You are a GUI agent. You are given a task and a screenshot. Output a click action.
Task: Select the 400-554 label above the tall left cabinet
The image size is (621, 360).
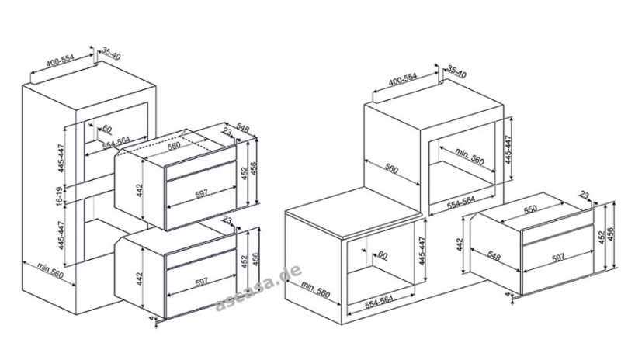pyautogui.click(x=61, y=61)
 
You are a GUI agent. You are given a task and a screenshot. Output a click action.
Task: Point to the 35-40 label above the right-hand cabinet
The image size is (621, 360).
pyautogui.click(x=457, y=71)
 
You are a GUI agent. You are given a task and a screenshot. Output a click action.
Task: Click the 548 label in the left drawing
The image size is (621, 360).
pyautogui.click(x=242, y=128)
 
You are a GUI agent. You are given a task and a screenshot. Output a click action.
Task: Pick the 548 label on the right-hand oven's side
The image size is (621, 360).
pyautogui.click(x=494, y=256)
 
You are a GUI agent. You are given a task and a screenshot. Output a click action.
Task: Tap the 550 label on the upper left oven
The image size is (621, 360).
pyautogui.click(x=174, y=146)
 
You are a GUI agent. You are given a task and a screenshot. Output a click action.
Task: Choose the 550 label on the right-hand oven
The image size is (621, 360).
pyautogui.click(x=530, y=209)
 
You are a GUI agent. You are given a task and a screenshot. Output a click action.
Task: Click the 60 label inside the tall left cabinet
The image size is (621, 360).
pyautogui.click(x=107, y=128)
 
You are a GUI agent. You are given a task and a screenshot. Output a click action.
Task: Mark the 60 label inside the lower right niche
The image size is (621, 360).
pyautogui.click(x=383, y=255)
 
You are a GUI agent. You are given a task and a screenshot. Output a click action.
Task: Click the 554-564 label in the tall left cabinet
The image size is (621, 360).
pyautogui.click(x=116, y=143)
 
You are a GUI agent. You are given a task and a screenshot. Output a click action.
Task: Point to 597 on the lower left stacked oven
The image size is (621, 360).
pyautogui.click(x=202, y=282)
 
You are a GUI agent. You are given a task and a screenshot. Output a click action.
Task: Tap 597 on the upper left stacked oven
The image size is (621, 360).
pyautogui.click(x=202, y=194)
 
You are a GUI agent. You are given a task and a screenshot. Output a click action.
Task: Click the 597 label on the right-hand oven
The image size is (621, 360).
pyautogui.click(x=557, y=258)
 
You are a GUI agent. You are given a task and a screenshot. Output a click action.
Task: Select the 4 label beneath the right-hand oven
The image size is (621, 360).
pyautogui.click(x=508, y=295)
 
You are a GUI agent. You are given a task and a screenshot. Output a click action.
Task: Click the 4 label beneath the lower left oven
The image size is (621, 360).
pyautogui.click(x=151, y=318)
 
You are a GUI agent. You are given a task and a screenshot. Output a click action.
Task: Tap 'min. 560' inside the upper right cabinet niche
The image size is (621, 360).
pyautogui.click(x=470, y=156)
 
